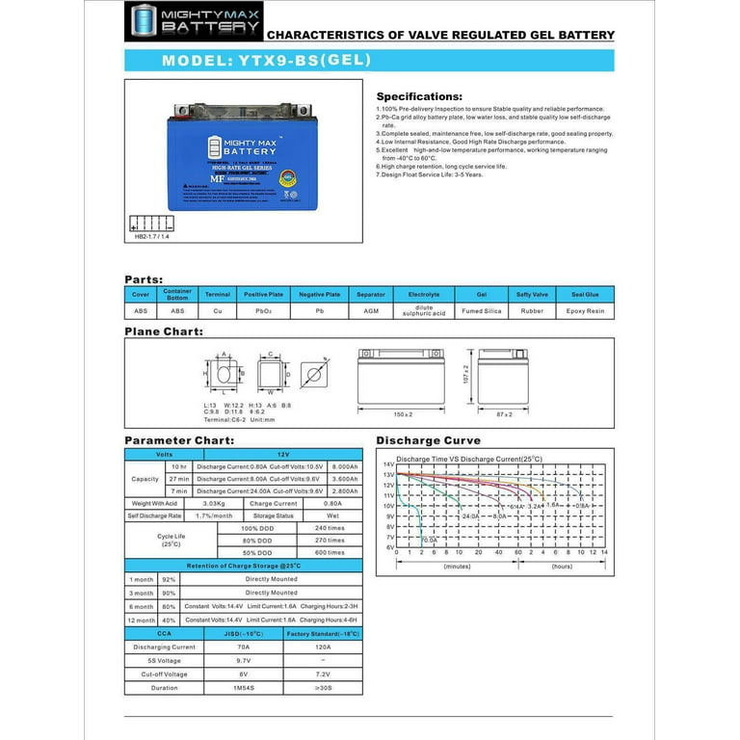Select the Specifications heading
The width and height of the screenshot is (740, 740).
tap(418, 96)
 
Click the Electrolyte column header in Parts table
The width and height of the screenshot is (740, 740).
tap(424, 295)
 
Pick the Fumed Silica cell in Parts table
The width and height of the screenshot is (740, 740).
tap(482, 311)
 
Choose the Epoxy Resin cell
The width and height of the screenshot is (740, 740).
tap(585, 311)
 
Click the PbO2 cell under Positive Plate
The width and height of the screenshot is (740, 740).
tap(263, 311)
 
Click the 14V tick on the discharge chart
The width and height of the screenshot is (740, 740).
tap(389, 464)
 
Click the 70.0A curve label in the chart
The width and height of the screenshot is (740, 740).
tap(428, 541)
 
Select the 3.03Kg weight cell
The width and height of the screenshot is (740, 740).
tap(215, 503)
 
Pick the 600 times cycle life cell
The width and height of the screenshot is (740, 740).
tap(329, 552)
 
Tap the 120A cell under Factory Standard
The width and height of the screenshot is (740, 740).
tap(323, 647)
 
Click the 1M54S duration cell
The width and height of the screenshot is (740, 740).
tap(244, 688)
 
